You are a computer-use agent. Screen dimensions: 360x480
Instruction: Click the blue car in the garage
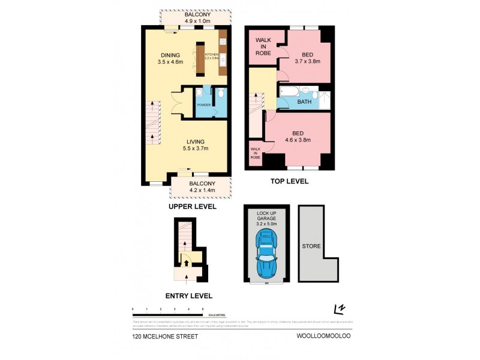tap(266, 252)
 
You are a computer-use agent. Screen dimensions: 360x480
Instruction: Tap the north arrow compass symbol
tap(341, 309)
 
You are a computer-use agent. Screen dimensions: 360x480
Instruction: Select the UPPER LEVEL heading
tap(192, 206)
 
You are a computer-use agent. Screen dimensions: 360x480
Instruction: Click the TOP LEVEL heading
tap(289, 181)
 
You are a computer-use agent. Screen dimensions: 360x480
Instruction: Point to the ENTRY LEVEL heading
tap(188, 296)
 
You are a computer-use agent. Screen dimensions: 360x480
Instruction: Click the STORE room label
tap(311, 246)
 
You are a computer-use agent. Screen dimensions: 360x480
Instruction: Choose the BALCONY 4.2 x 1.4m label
tap(201, 187)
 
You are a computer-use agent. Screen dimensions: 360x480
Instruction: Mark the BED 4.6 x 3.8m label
tap(297, 137)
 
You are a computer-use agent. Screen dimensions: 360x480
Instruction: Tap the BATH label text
tap(305, 103)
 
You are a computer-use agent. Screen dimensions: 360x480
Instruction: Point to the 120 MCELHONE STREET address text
tap(165, 337)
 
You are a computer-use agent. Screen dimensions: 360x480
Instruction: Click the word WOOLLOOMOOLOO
tap(322, 337)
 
